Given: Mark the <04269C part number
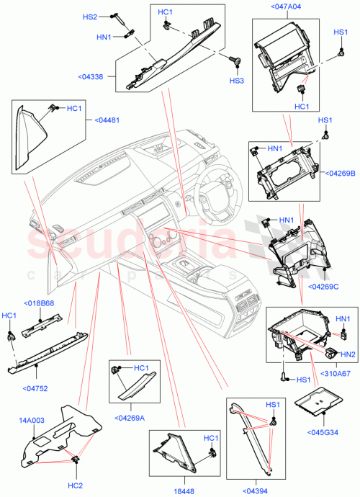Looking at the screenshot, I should [323, 286].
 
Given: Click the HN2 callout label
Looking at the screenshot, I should [348, 354].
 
